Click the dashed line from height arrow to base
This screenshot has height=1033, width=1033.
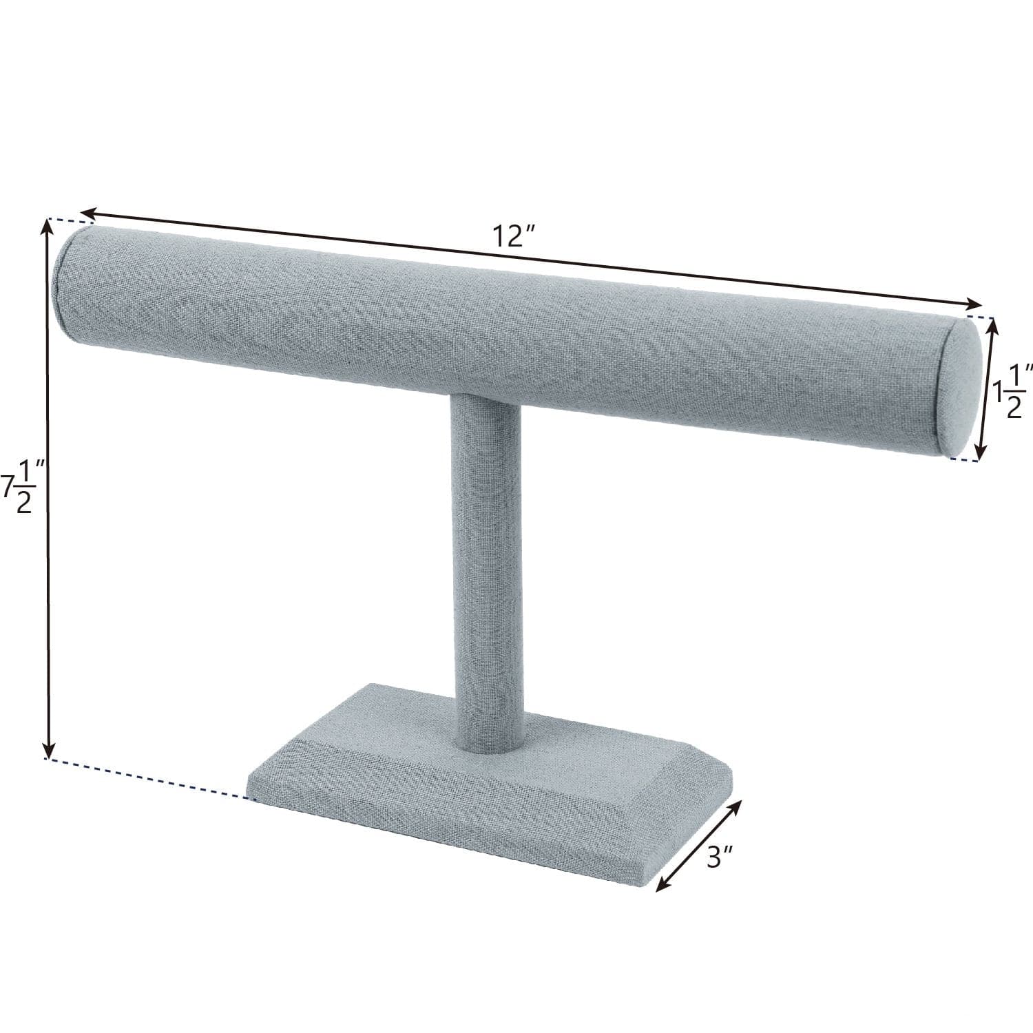(x=152, y=779)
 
